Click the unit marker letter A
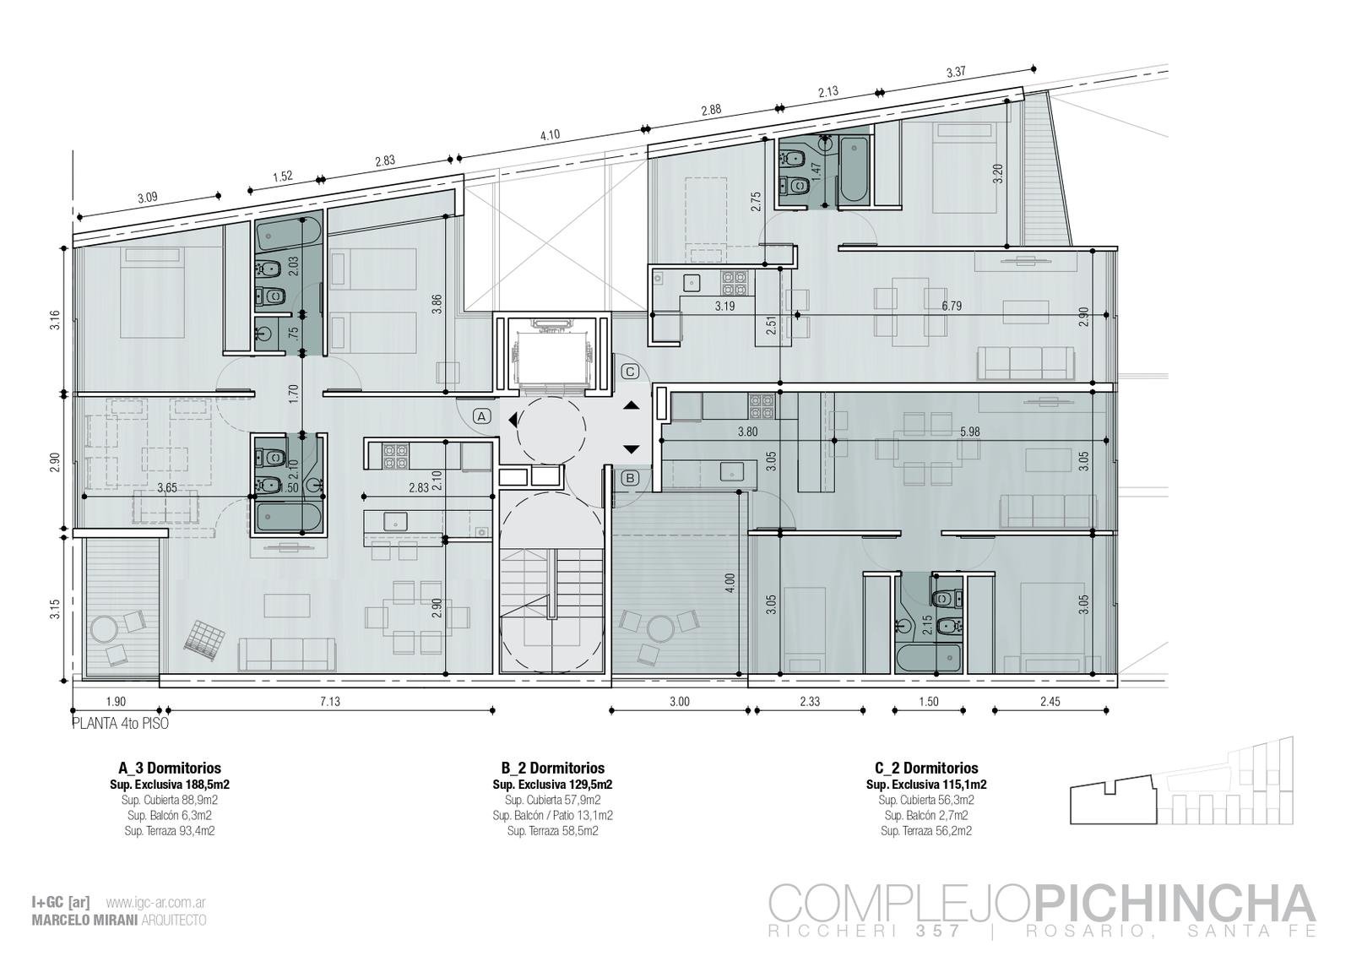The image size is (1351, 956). pos(481,416)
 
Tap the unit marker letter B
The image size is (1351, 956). pos(630,478)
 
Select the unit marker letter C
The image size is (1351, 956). pos(630,372)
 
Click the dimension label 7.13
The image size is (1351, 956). pos(330,702)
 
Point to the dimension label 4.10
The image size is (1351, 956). pos(550,135)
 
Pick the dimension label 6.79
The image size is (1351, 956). pos(952,306)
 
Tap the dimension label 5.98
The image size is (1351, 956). pos(970,432)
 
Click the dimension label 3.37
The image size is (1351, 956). pos(956,73)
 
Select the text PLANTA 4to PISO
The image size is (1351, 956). pos(121,723)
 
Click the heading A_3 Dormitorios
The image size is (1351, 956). pos(170,768)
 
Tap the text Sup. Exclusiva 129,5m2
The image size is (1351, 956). pos(552,785)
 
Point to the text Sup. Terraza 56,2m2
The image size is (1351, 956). pos(926,830)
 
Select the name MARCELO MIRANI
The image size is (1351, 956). pos(84,921)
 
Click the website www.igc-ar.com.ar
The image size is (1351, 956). pos(155,903)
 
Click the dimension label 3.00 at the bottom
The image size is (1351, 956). pos(679,702)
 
